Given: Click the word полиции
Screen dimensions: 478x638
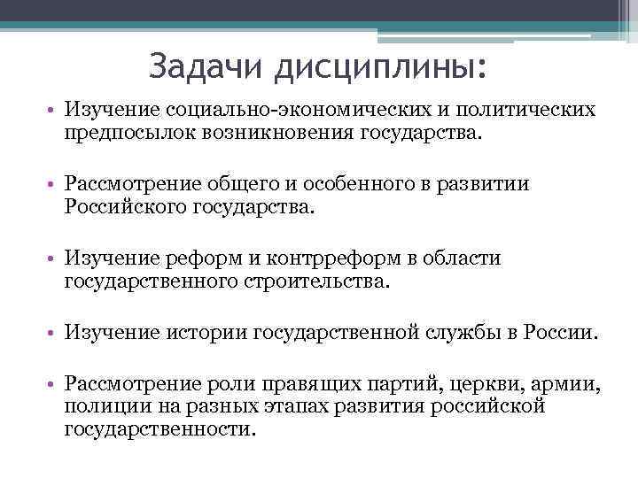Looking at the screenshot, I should point(100,407).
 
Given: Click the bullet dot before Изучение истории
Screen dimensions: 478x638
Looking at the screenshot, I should point(53,334).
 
